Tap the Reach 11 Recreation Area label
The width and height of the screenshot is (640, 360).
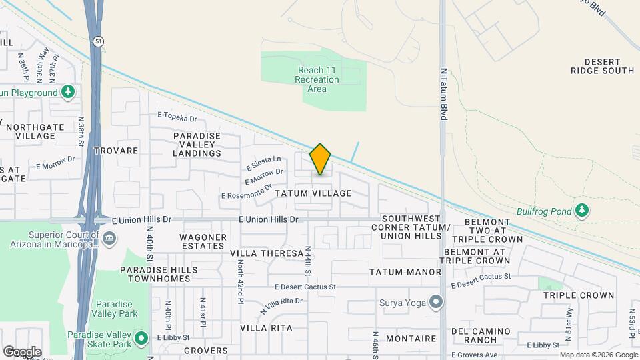coord(317,79)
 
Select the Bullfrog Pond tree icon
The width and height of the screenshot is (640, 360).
coord(583,211)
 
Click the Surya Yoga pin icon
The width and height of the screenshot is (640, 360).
coord(436,303)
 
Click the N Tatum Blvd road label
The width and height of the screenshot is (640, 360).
coord(443,93)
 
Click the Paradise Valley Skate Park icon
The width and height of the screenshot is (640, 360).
coord(141,338)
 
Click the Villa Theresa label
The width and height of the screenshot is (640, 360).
coord(267,254)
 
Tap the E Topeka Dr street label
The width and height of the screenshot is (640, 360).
coord(177,117)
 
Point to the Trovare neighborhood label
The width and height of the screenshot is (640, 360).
coord(116,151)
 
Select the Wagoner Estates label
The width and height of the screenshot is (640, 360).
coord(203,241)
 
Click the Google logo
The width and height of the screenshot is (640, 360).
coord(22,351)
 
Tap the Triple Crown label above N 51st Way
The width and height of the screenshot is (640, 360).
coord(578,295)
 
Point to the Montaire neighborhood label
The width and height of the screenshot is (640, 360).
coord(411,339)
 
